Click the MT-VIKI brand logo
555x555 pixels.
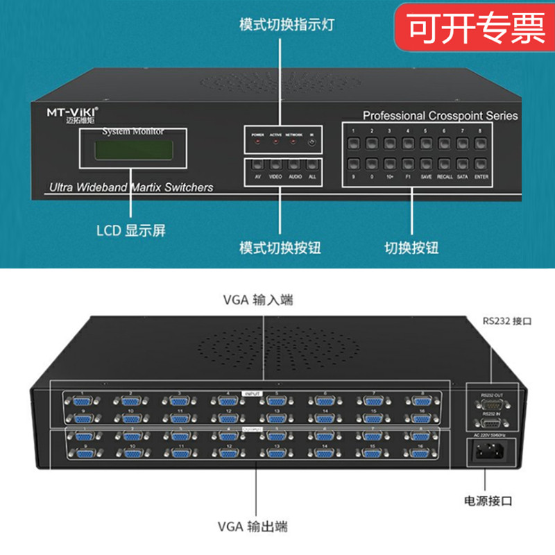click(68, 112)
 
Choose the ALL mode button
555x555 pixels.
click(312, 166)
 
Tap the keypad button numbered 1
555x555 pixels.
click(354, 143)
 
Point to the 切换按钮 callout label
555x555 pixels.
click(411, 248)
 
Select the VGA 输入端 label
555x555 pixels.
click(258, 300)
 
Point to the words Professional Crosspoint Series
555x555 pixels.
click(440, 116)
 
